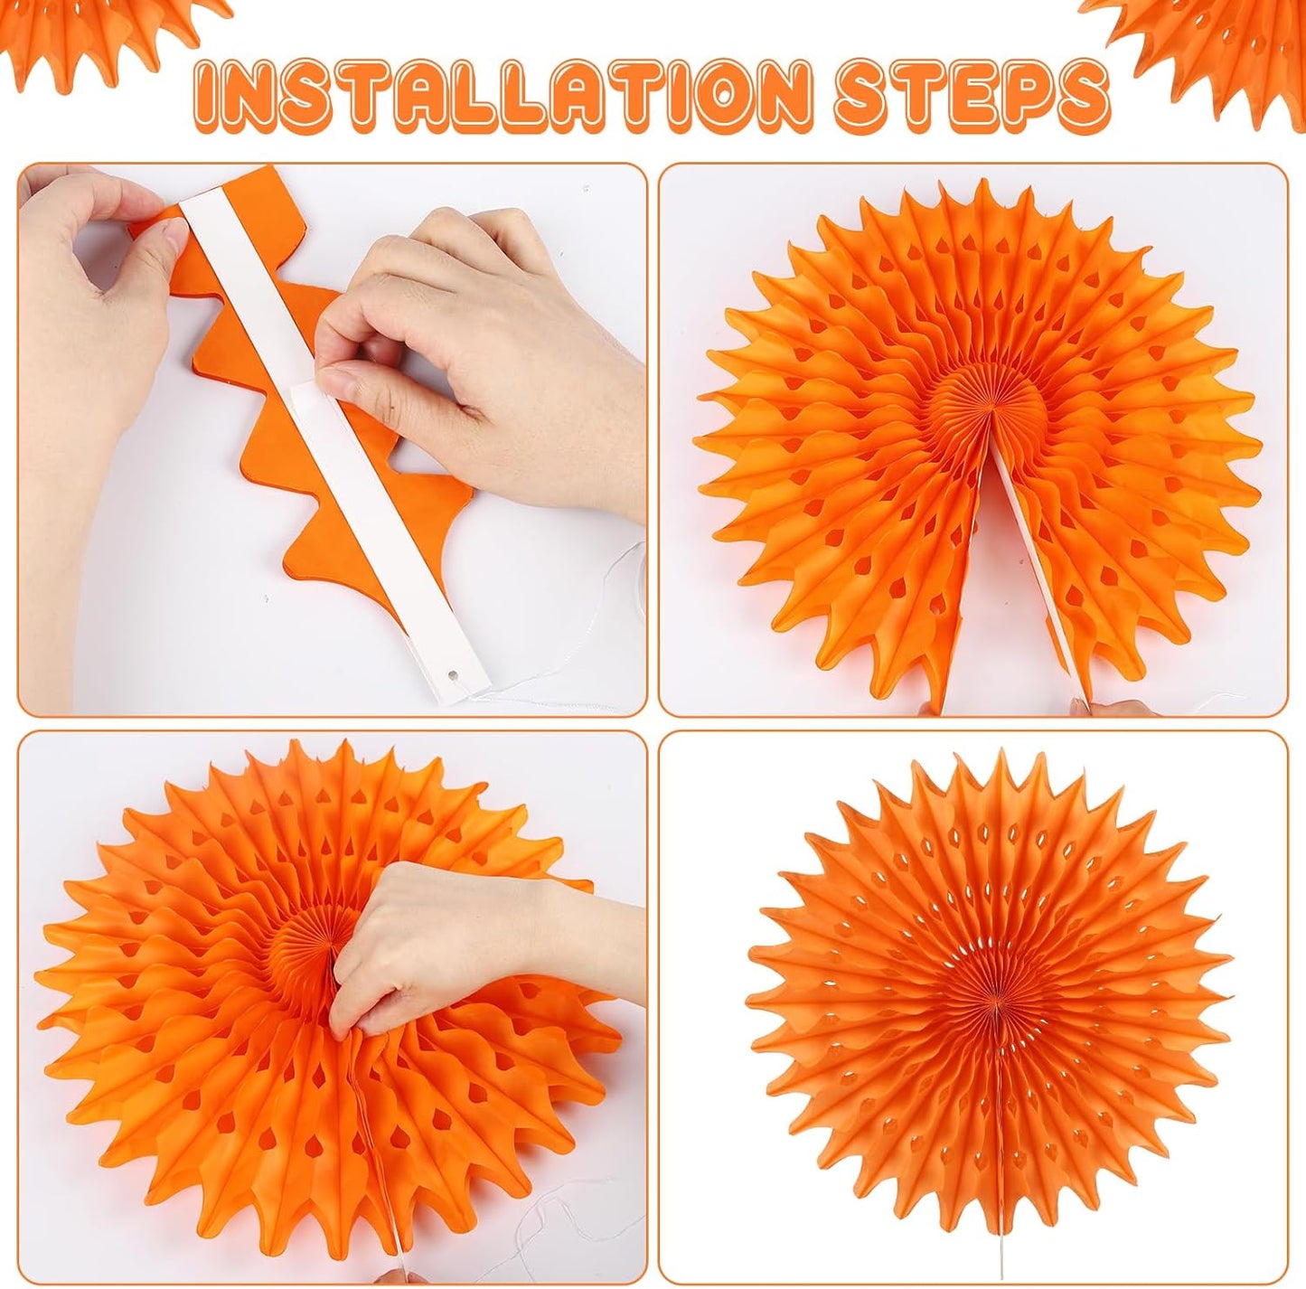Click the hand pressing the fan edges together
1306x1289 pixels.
(434, 940)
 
